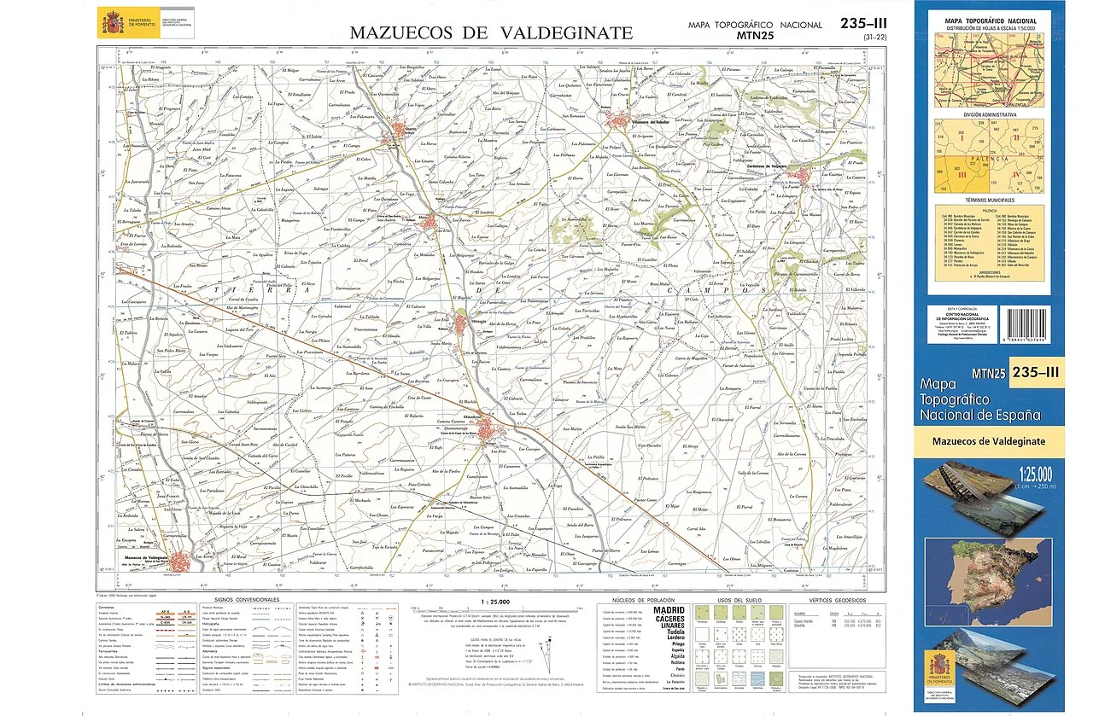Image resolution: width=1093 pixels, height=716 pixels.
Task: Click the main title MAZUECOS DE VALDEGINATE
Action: (491, 33)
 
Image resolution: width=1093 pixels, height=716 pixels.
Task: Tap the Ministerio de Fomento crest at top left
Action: (110, 21)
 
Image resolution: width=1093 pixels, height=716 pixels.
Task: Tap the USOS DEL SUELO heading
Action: (725, 601)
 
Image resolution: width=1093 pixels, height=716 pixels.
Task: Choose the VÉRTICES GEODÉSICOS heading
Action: (826, 601)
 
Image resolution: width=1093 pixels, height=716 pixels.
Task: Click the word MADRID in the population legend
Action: (669, 610)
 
